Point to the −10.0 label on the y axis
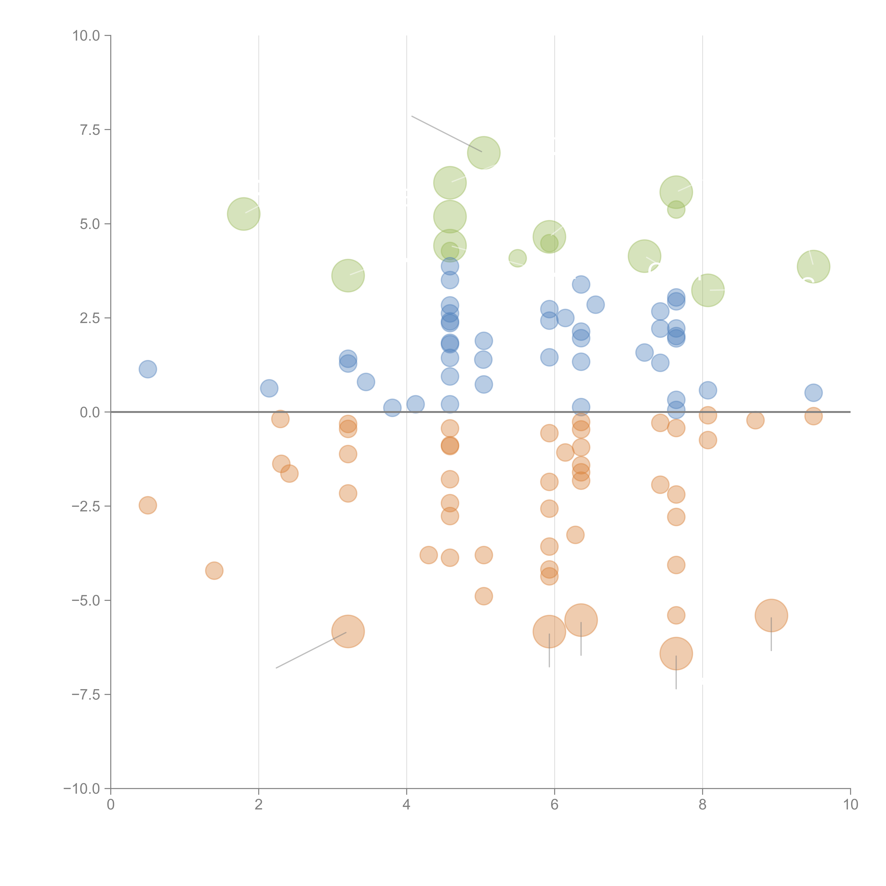82,789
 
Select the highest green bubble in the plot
484,153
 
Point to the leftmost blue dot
148,369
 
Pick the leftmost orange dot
148,505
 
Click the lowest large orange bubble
676,654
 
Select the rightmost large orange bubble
771,615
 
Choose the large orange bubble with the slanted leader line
348,632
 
